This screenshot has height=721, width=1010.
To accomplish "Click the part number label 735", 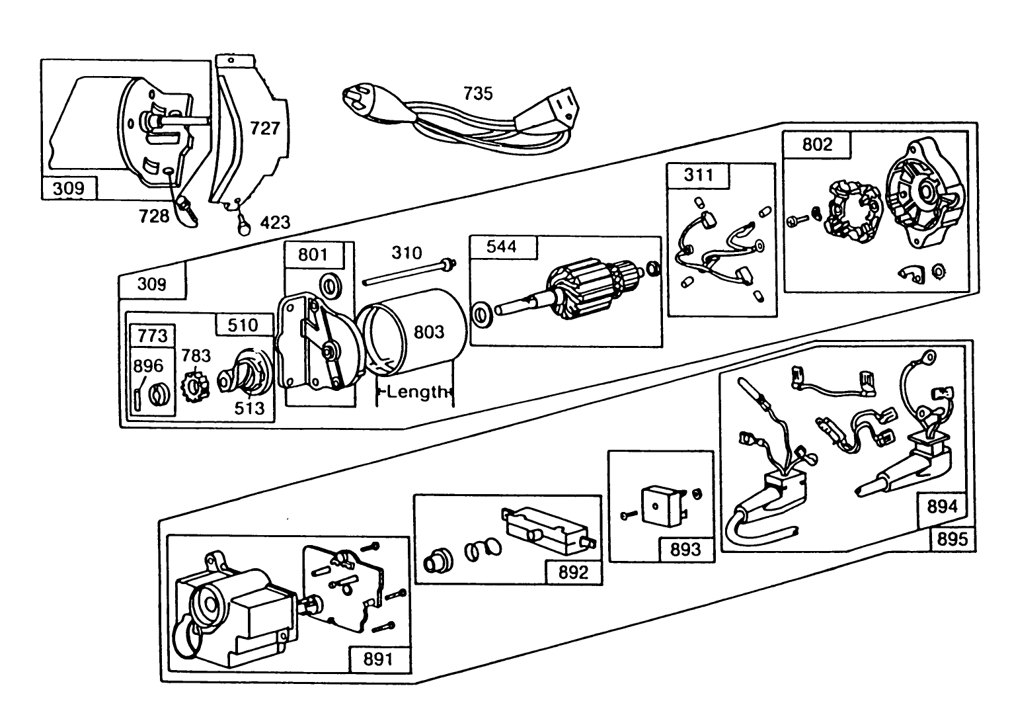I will coord(477,93).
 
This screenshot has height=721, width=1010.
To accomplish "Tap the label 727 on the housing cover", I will coord(265,128).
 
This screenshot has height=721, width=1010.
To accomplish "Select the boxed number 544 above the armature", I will coord(502,247).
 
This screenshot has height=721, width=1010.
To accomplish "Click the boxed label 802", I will coord(817,144).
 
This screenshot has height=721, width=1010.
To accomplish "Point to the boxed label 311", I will coord(699,175).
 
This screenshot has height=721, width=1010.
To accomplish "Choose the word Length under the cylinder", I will coord(416,392).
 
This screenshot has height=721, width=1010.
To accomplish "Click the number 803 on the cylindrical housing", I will coord(429,331).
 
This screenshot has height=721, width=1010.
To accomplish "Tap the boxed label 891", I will coord(377,659).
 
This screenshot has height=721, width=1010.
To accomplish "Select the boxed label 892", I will coord(572,572).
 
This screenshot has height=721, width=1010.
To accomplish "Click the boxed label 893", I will coord(685,550).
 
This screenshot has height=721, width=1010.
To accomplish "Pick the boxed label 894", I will coord(942,507).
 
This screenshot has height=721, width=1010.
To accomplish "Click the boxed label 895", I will coord(952,539).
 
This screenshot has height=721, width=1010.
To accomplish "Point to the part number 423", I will coord(275,222).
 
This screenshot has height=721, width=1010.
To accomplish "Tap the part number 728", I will coord(154,215).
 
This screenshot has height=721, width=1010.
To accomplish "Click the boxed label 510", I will coord(243,325).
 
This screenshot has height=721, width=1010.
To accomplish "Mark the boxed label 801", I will coord(313,254).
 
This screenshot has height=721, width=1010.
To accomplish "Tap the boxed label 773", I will coord(153,335).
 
